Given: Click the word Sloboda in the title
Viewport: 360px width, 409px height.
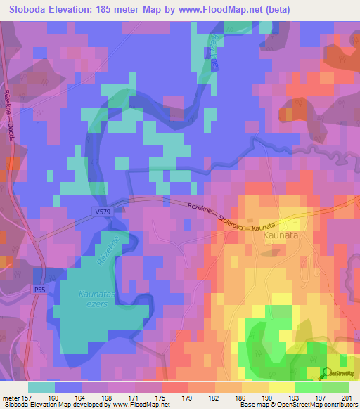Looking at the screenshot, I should pyautogui.click(x=28, y=10).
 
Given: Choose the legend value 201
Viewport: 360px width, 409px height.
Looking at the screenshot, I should pyautogui.click(x=346, y=397).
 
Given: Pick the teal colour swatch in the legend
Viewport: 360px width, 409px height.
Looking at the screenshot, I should pyautogui.click(x=41, y=387).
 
